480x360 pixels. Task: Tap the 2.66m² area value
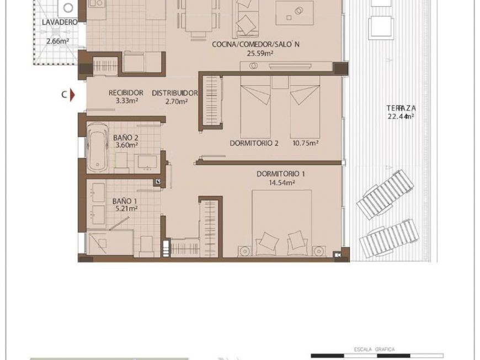57,41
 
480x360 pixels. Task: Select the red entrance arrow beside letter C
71,95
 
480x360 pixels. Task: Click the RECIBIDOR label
126,93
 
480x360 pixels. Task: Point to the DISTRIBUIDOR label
174,93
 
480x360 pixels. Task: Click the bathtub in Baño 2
98,145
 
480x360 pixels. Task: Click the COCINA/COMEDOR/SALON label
255,45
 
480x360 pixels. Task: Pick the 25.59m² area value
260,54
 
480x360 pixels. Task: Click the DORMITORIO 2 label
254,143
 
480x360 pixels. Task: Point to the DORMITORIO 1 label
281,173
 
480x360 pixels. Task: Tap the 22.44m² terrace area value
401,117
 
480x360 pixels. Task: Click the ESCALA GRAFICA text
374,349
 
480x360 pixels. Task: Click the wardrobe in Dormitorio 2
211,102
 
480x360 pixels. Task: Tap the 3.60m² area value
126,145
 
